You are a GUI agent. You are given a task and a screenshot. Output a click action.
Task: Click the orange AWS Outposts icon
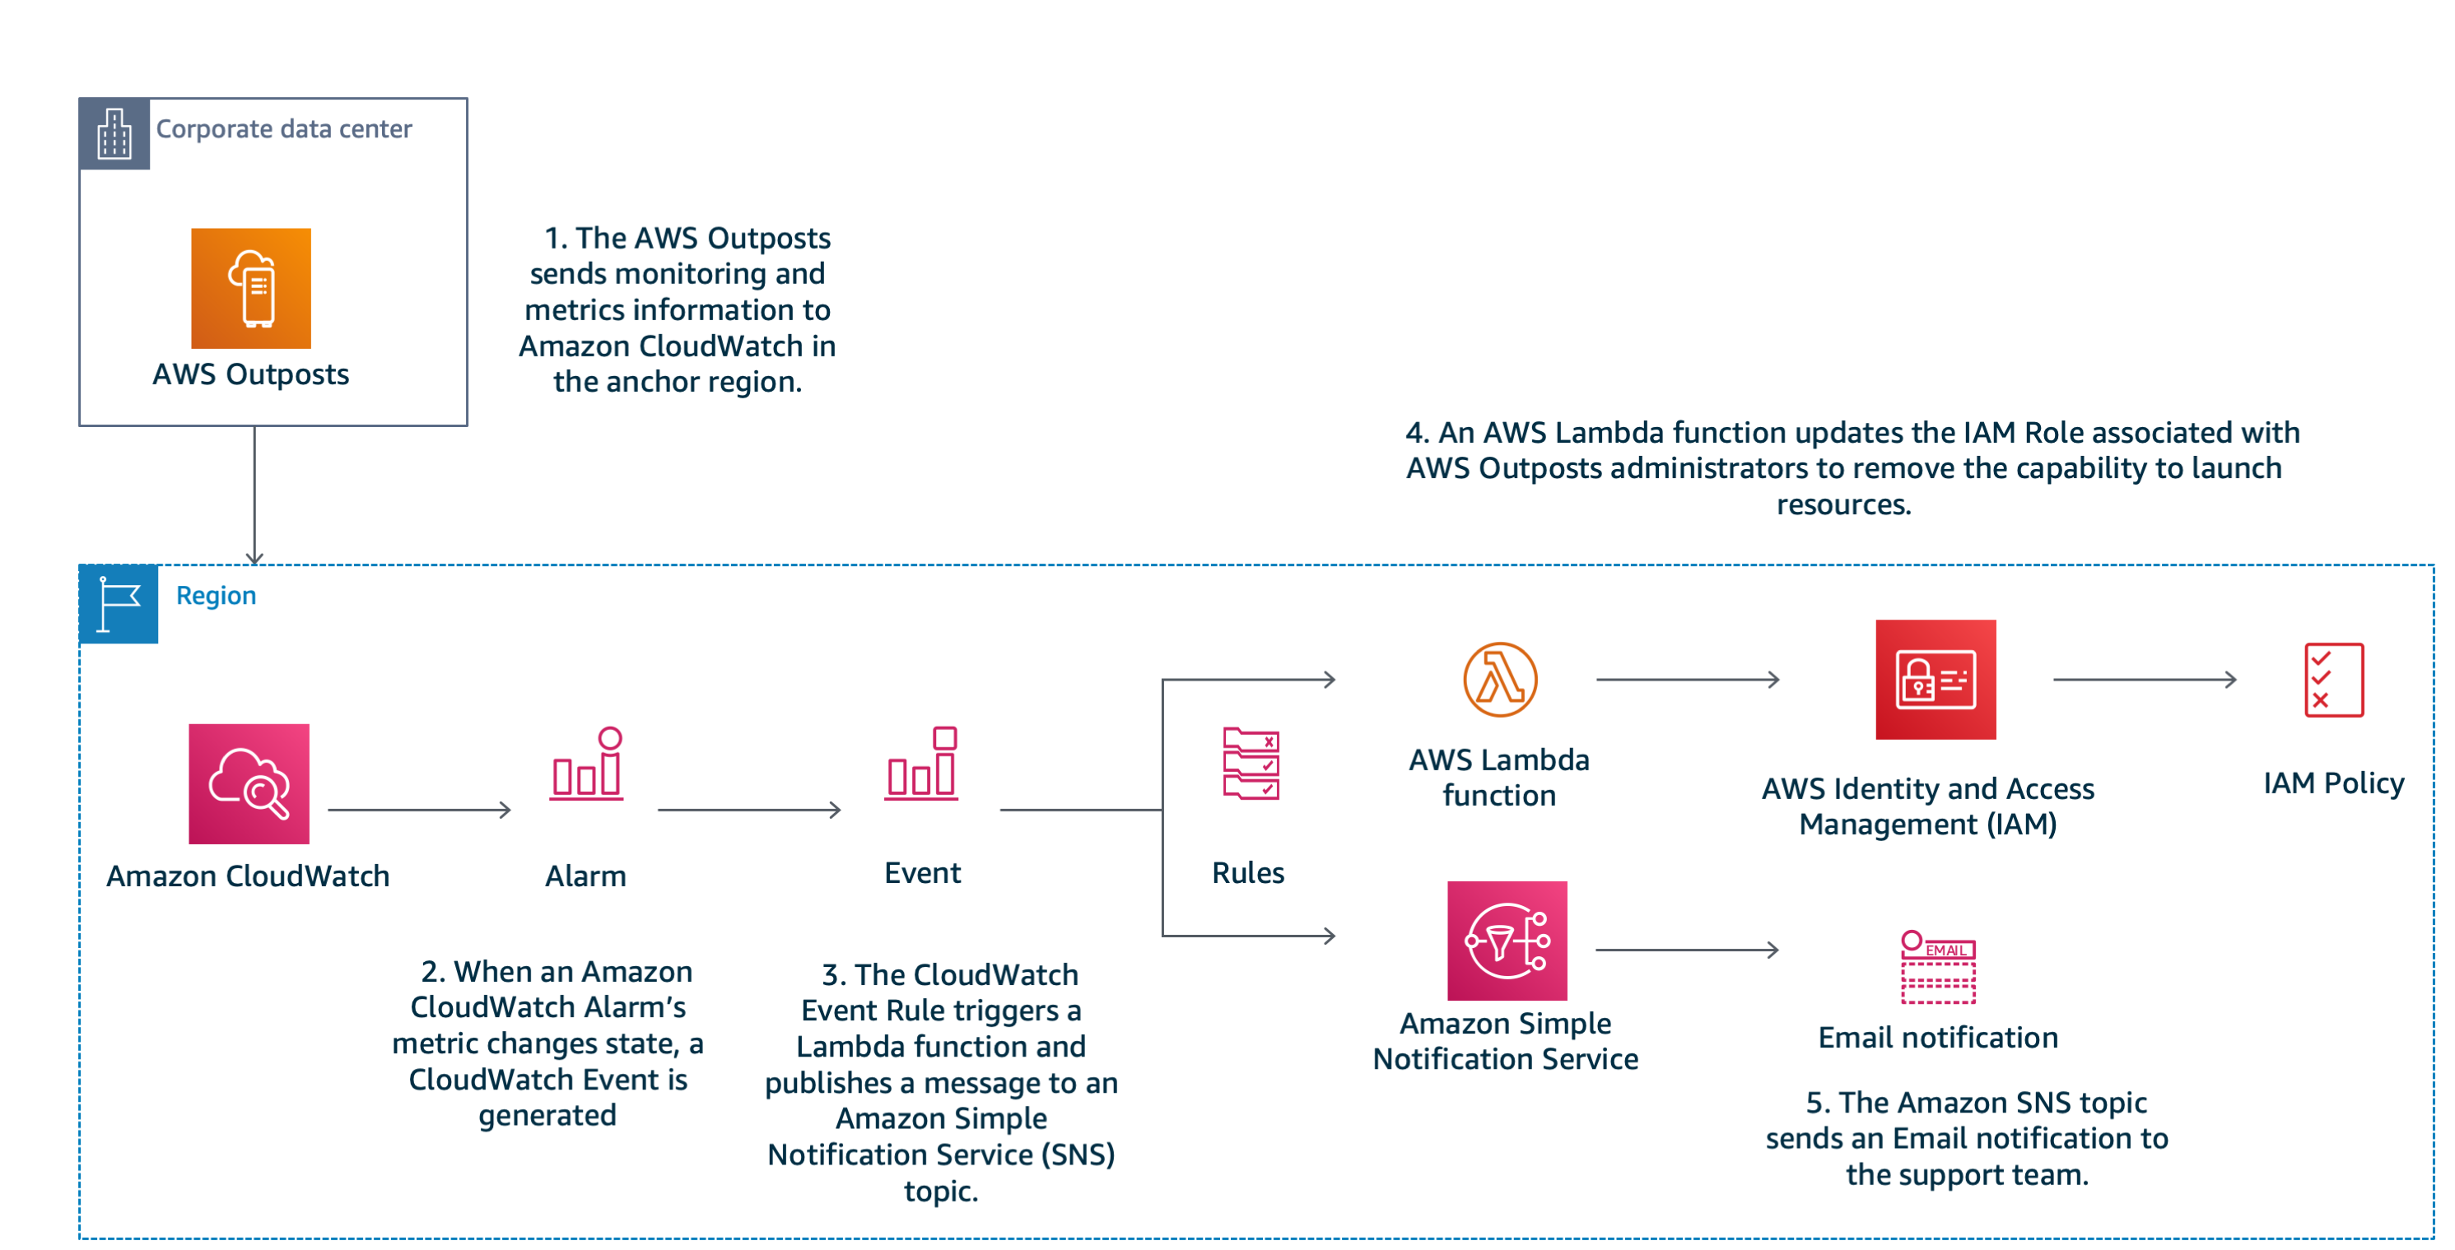point(250,288)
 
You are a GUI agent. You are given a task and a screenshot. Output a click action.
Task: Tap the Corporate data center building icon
point(114,133)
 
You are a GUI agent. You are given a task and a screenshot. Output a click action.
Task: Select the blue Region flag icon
point(119,603)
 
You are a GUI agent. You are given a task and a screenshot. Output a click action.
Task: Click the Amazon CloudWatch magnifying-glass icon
point(249,783)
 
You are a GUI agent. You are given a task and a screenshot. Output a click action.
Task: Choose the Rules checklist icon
point(1251,763)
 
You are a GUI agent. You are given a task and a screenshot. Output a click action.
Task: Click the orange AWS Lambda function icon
point(1500,679)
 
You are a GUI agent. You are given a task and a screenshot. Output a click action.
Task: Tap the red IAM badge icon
point(1935,679)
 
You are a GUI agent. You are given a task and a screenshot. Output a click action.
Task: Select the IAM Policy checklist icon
point(2333,679)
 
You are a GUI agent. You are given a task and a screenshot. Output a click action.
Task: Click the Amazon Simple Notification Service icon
point(1507,941)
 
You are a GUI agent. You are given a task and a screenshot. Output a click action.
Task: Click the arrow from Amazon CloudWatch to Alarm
point(419,810)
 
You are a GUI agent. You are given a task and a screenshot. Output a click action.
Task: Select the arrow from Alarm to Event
point(749,810)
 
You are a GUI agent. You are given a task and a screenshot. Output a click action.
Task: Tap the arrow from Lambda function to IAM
point(1688,679)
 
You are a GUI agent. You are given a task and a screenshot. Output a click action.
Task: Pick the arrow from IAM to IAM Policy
point(2145,679)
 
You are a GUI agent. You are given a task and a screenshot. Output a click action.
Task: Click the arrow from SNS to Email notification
point(1687,949)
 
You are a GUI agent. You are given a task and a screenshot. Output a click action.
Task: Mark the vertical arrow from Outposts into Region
point(254,495)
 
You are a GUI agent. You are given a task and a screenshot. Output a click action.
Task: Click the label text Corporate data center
point(284,128)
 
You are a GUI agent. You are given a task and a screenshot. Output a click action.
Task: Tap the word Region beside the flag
point(217,596)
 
